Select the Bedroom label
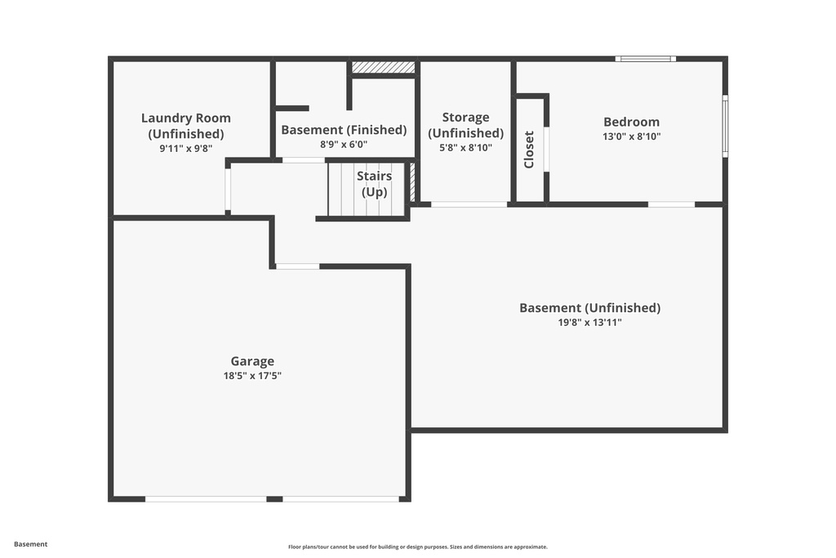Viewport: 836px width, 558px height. coord(631,123)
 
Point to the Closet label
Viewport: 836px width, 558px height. coord(529,150)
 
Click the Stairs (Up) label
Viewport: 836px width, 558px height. coord(374,184)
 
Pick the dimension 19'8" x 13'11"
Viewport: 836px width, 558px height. coord(589,323)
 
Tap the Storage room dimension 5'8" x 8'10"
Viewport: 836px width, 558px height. coord(465,148)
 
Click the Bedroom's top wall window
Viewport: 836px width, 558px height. coord(645,59)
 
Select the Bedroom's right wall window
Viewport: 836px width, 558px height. coord(725,127)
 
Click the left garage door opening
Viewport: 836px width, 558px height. coord(206,498)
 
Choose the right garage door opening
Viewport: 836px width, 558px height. coord(341,498)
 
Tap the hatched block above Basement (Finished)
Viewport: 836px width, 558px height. coord(383,68)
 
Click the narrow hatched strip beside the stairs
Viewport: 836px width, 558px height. coord(412,181)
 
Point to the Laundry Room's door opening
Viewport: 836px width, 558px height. coord(228,190)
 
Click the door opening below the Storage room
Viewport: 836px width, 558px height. coord(469,204)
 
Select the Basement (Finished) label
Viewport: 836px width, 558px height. coord(344,130)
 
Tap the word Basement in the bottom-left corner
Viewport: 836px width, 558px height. coord(31,544)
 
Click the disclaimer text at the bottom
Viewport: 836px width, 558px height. coord(417,547)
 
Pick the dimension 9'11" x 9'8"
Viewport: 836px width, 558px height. coord(186,149)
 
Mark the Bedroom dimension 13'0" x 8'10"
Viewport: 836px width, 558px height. coord(631,137)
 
